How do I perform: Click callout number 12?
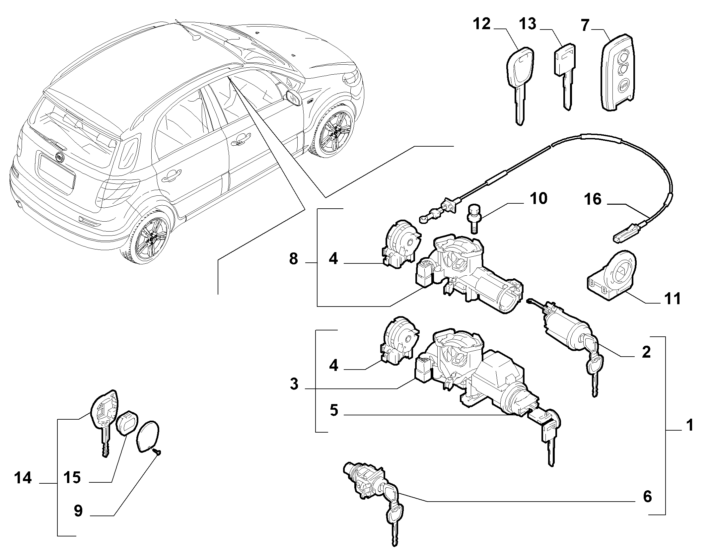(x=482, y=24)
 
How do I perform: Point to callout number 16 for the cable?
(x=593, y=200)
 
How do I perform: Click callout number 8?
(x=293, y=259)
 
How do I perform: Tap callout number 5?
(x=334, y=411)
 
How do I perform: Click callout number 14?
(x=23, y=478)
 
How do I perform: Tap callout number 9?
(x=78, y=511)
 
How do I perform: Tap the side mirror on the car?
(x=294, y=98)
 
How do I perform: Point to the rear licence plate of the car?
(x=56, y=171)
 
